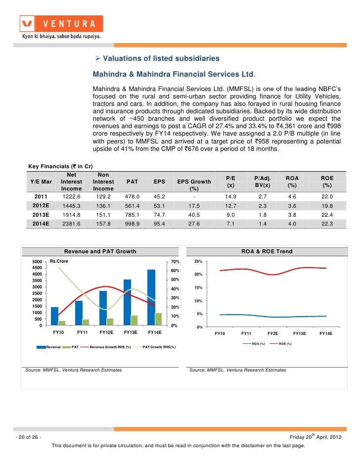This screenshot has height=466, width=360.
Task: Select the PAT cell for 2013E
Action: (132, 215)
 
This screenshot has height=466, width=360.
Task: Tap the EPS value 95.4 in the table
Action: (159, 224)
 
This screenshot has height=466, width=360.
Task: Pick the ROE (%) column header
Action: (327, 182)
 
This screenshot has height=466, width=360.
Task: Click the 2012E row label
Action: (41, 206)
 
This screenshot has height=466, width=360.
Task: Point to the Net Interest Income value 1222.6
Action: (71, 197)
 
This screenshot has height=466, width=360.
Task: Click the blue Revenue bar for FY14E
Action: (151, 297)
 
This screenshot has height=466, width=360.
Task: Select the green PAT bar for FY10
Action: (62, 323)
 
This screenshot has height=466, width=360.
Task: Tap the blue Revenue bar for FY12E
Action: (103, 308)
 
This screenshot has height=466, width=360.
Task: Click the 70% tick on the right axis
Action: (175, 262)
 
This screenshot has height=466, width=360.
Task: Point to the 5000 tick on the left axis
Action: (37, 262)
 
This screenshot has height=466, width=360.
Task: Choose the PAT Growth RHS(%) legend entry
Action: (154, 347)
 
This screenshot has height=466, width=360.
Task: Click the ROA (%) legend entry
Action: (254, 343)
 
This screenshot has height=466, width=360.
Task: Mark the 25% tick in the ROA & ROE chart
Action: (198, 262)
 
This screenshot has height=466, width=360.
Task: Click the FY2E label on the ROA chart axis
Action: (272, 333)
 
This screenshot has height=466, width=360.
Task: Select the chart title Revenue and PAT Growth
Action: (100, 251)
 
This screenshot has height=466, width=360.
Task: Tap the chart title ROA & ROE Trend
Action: (267, 251)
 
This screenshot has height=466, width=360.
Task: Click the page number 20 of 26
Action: (29, 437)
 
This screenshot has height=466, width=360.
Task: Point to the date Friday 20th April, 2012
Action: (315, 437)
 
